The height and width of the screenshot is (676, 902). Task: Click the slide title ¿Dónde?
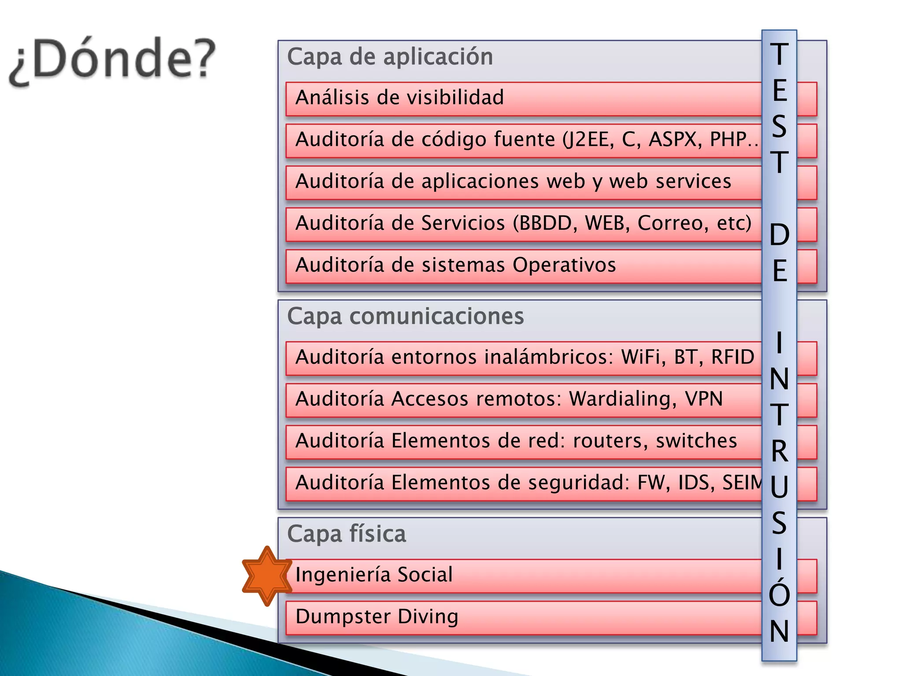click(x=112, y=59)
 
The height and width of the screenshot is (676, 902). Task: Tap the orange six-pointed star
click(x=267, y=576)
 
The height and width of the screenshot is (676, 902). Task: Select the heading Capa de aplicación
click(x=390, y=57)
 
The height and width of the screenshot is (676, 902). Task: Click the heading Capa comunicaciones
click(x=405, y=316)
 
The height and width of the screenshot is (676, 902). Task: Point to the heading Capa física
click(x=346, y=534)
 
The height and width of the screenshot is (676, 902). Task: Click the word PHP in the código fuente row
click(x=728, y=140)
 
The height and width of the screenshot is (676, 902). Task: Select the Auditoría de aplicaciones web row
click(x=513, y=181)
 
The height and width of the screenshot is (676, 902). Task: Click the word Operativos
click(x=564, y=265)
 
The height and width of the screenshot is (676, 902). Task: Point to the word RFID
click(x=733, y=357)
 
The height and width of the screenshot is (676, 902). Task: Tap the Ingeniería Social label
click(x=374, y=575)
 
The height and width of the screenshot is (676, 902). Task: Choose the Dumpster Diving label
click(x=377, y=617)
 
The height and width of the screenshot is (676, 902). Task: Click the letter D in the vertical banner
click(x=779, y=235)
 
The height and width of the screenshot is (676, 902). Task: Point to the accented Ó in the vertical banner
click(x=779, y=592)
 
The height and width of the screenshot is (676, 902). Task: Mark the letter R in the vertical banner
click(x=779, y=451)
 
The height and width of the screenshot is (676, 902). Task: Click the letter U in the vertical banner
click(x=779, y=487)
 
